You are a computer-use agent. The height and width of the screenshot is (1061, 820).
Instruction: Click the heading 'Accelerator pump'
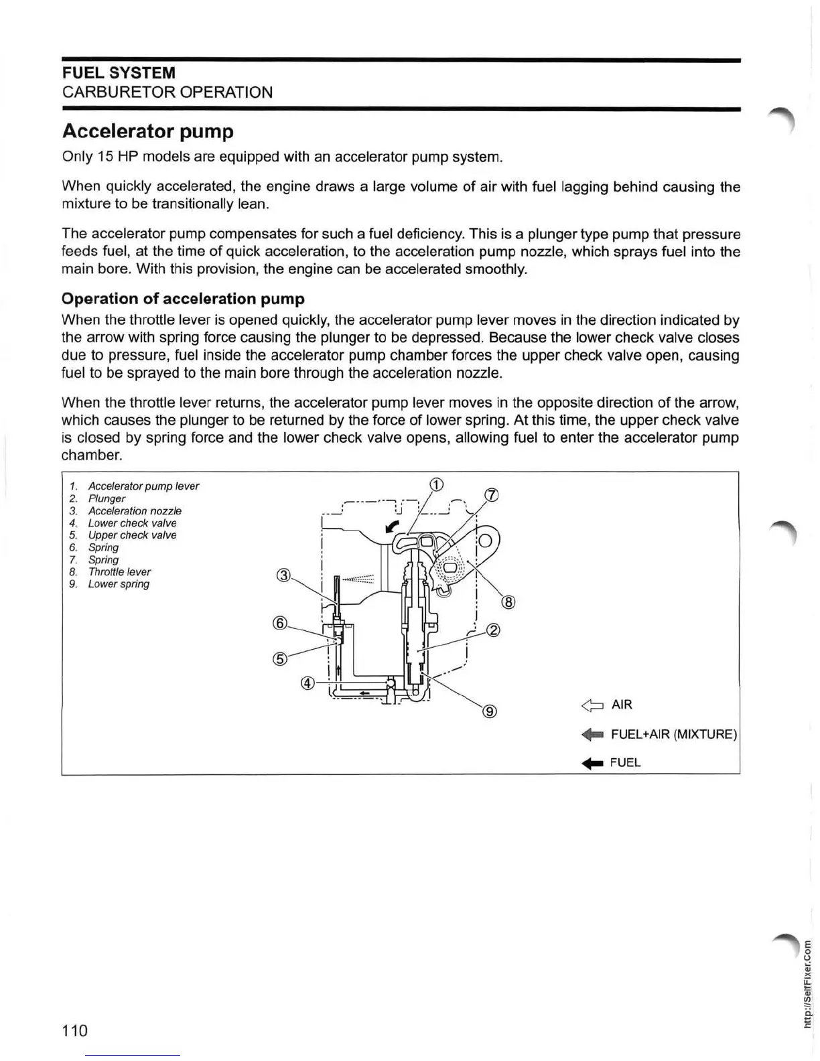(x=147, y=131)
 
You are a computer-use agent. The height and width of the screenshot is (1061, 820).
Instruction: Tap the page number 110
(x=74, y=1030)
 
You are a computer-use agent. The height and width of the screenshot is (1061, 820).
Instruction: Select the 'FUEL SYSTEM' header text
(x=119, y=73)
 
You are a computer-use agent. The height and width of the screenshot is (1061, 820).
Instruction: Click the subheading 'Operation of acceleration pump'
(x=183, y=299)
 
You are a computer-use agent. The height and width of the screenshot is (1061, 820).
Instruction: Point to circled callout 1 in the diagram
(x=435, y=485)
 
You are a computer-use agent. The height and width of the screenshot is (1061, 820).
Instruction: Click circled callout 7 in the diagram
(x=491, y=496)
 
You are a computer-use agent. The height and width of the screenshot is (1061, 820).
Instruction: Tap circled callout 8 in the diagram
(x=508, y=602)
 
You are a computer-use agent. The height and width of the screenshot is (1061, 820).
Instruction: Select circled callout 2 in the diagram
(x=493, y=630)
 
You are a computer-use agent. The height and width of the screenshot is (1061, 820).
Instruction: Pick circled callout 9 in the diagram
(x=490, y=711)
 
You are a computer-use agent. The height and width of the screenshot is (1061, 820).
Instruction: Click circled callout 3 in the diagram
(x=284, y=575)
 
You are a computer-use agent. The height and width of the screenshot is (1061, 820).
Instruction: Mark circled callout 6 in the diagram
(x=280, y=623)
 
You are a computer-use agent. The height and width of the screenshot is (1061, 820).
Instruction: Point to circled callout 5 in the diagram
(x=280, y=658)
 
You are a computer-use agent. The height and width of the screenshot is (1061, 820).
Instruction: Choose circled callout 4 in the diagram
(x=307, y=683)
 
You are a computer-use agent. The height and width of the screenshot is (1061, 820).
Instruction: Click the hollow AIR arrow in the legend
(x=592, y=705)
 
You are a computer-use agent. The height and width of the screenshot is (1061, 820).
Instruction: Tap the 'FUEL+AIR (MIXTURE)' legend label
(x=673, y=734)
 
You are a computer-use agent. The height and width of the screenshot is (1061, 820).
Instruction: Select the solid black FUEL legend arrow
(x=592, y=763)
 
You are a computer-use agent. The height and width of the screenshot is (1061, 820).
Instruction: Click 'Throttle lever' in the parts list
(x=119, y=572)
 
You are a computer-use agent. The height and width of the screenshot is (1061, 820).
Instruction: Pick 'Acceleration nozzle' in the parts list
(x=135, y=511)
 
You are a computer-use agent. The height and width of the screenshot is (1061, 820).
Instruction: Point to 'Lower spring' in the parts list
(x=119, y=584)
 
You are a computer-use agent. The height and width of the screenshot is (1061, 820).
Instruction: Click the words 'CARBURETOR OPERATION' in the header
(x=167, y=92)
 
